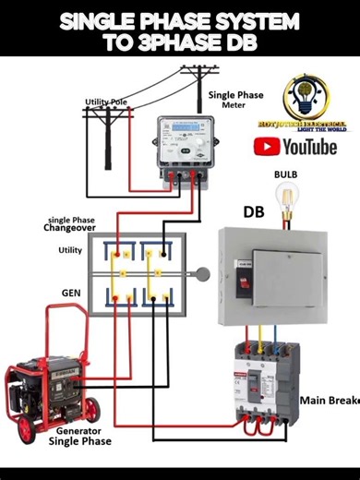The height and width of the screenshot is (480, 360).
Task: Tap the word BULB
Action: tap(285, 174)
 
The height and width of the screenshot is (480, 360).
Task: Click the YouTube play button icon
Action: tap(269, 147)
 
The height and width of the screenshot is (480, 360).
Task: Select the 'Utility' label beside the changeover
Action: tap(70, 250)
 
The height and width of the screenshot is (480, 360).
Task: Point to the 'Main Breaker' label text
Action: tap(329, 401)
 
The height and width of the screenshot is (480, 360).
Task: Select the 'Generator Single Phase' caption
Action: tap(84, 436)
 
